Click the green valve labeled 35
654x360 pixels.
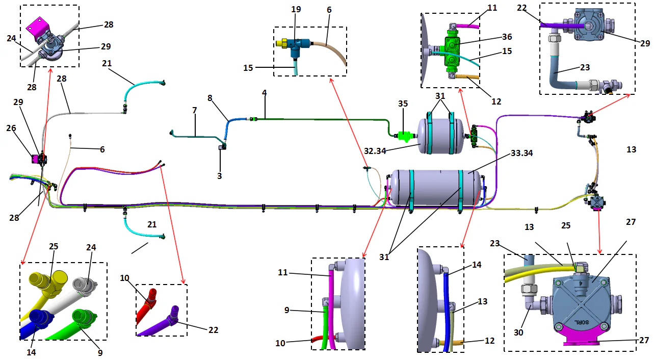point(404,136)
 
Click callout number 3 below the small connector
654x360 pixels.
point(220,175)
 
